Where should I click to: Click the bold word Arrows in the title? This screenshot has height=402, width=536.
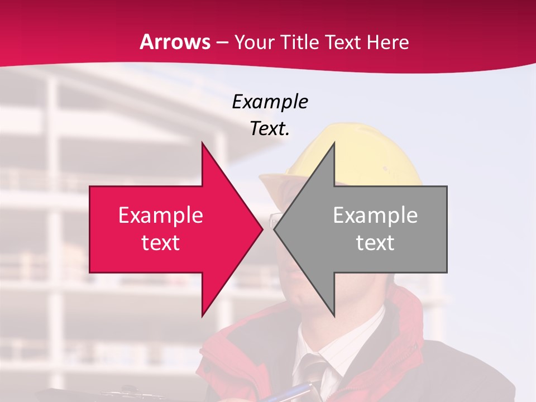pyautogui.click(x=175, y=42)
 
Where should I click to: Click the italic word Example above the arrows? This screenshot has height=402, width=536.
pyautogui.click(x=270, y=102)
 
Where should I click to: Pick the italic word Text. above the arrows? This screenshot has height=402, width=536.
pyautogui.click(x=270, y=128)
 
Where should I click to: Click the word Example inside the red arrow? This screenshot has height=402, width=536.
pyautogui.click(x=161, y=216)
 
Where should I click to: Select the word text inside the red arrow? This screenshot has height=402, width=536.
pyautogui.click(x=161, y=243)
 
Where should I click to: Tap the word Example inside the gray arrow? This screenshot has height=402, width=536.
pyautogui.click(x=375, y=216)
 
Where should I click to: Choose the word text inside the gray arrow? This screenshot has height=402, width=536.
pyautogui.click(x=375, y=243)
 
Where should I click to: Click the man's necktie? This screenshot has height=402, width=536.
pyautogui.click(x=313, y=374)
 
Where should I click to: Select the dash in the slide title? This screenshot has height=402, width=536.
pyautogui.click(x=222, y=42)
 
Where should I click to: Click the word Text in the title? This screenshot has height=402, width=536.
pyautogui.click(x=342, y=42)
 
